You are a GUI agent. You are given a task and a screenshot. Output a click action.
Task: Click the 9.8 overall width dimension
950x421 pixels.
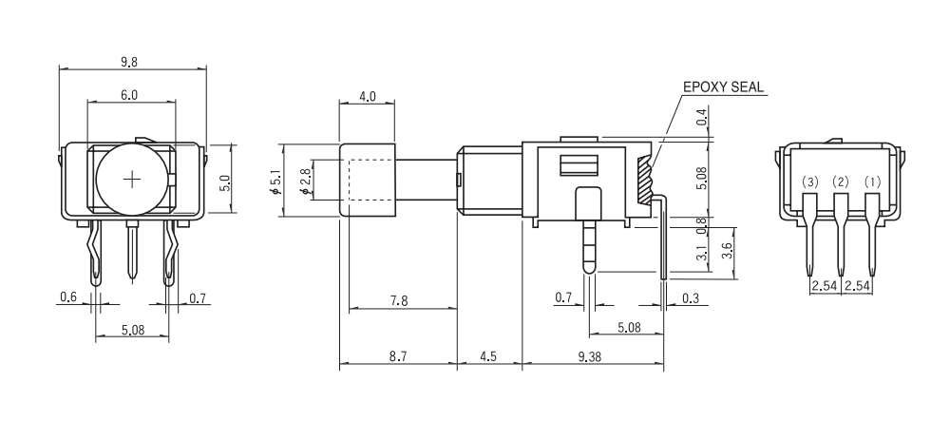tap(129, 62)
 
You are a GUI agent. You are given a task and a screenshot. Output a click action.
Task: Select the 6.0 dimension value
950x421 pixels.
tap(129, 95)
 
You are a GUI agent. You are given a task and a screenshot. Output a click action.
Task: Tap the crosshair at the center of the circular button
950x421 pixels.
tap(132, 179)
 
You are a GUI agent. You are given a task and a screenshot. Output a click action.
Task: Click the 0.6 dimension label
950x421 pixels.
tap(67, 298)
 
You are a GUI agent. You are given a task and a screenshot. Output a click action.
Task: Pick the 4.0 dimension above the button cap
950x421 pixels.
tap(368, 96)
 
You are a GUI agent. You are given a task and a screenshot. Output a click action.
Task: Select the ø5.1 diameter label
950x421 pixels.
tap(276, 181)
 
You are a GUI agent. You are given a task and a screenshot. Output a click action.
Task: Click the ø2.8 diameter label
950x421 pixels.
tap(304, 181)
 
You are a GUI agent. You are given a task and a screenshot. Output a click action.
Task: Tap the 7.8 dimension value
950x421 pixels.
tap(400, 300)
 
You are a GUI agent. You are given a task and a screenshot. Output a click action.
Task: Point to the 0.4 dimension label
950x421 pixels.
tap(702, 118)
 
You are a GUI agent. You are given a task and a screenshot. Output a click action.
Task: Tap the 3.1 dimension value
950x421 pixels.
tap(702, 255)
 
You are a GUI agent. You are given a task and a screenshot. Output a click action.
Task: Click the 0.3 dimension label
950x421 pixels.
tap(690, 298)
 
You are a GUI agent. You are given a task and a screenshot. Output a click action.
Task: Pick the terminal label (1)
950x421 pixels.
tap(872, 182)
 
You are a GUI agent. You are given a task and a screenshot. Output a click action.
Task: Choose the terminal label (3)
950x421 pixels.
tap(809, 182)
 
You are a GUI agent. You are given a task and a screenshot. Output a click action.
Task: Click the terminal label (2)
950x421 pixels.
tap(841, 182)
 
